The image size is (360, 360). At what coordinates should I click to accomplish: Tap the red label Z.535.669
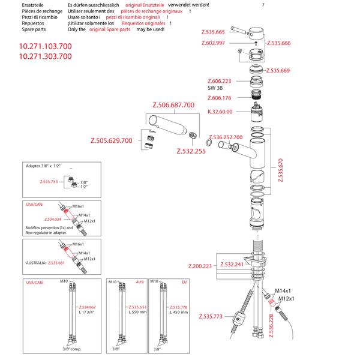click(278, 70)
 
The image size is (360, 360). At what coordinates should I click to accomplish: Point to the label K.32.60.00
click(220, 112)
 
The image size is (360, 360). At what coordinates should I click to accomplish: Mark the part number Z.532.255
click(191, 152)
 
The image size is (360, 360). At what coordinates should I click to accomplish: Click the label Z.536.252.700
click(226, 137)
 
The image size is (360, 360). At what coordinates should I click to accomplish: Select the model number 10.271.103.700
click(46, 46)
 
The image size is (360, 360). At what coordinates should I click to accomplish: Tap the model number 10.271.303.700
click(46, 56)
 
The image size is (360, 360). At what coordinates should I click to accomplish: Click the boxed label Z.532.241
click(232, 264)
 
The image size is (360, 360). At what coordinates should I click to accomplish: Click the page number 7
click(263, 5)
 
